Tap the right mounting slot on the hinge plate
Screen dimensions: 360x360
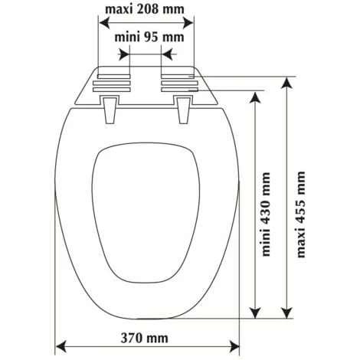click(178, 83)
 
